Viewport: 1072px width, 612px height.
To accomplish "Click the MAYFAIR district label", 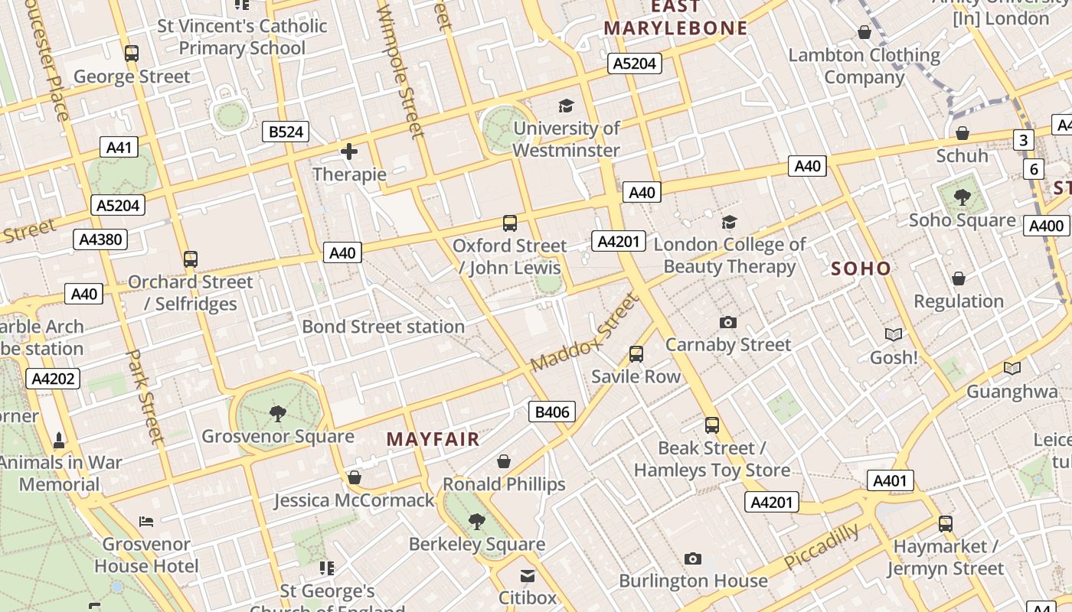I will pos(433,439).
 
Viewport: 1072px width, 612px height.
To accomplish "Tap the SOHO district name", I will pos(861,269).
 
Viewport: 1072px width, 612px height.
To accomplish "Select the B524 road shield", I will pos(286,132).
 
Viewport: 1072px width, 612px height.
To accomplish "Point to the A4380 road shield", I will pos(101,239).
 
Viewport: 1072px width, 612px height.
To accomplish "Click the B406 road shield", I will pos(552,412).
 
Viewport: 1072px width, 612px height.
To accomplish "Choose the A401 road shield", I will pos(890,480).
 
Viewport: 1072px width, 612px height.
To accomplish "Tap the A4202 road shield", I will pos(54,378).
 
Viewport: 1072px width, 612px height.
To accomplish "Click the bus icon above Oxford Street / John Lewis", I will pos(510,223).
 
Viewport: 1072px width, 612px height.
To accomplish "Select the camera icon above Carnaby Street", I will pos(728,323).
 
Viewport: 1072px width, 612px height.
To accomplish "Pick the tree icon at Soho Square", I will pos(963,197).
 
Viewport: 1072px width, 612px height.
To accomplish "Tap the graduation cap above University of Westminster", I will pos(566,106).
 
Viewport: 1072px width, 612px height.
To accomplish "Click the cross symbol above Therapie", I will pos(349,151).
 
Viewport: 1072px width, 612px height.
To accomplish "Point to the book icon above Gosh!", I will pos(894,334).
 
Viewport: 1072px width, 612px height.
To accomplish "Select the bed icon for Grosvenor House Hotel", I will pos(146,522).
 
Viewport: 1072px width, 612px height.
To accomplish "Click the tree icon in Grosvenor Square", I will pos(278,414).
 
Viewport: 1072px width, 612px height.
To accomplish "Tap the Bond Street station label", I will pos(383,327).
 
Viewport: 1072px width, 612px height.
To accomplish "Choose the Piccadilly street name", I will pos(822,547).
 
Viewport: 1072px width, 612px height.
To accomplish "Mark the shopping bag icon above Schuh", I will pos(963,133).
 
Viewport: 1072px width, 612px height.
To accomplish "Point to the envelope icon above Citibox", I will pos(528,575).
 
